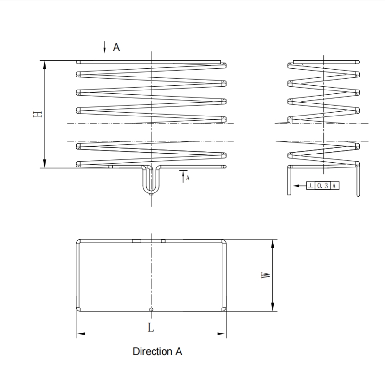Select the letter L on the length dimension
tap(151, 327)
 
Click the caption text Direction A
tap(157, 352)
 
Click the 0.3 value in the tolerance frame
tap(322, 185)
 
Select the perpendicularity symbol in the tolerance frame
tap(310, 185)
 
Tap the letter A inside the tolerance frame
tap(333, 185)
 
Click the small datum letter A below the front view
tap(188, 178)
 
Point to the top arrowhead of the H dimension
tap(45, 64)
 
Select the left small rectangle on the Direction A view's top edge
tap(137, 240)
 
